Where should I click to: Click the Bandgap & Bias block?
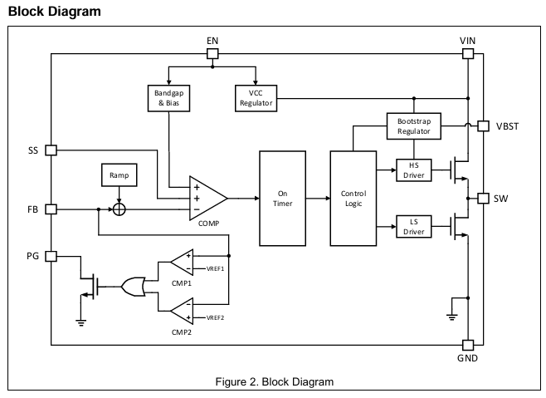point(169,98)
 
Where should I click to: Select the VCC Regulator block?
point(256,98)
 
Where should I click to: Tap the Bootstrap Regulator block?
point(414,126)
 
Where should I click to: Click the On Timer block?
point(282,199)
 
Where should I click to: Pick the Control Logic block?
point(353,199)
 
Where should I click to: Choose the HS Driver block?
point(414,170)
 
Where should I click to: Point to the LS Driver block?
point(414,227)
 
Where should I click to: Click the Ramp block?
point(119,174)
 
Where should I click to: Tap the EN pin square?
point(212,54)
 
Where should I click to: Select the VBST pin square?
point(483,126)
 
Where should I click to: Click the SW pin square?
point(483,199)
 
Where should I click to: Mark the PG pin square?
point(51,257)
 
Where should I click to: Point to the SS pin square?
point(51,150)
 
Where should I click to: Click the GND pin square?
point(468,346)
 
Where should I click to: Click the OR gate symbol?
point(134,287)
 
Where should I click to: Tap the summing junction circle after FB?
point(119,209)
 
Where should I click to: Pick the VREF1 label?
point(215,269)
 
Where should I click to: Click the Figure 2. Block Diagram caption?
point(275,381)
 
